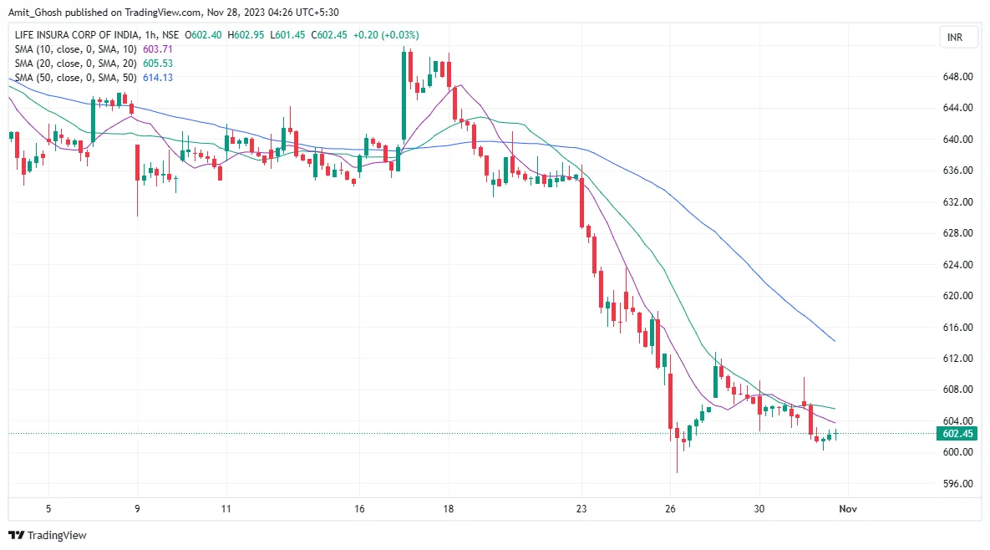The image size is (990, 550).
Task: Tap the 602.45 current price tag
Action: point(957,434)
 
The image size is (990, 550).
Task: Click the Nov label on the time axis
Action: point(848,508)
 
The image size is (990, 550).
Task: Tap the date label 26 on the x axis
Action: point(671,508)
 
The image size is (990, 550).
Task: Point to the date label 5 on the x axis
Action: point(48,508)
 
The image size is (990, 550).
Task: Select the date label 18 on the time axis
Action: point(449,508)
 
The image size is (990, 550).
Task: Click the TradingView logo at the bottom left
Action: point(48,535)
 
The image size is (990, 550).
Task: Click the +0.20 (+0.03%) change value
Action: point(386,35)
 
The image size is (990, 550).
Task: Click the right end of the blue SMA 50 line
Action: point(835,341)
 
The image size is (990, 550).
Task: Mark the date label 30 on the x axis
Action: point(759,508)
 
